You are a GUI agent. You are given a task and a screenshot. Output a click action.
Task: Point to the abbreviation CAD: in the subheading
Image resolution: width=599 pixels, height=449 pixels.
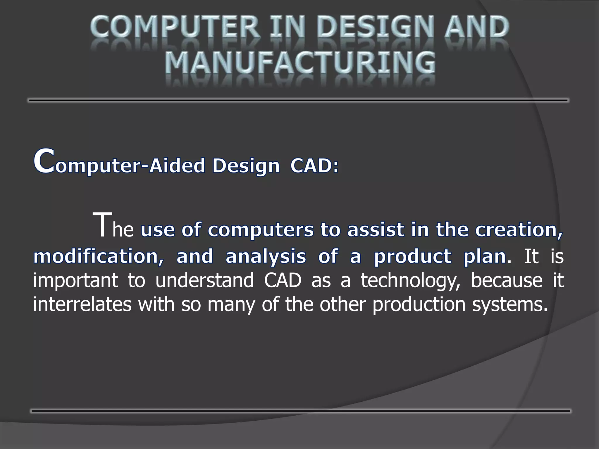pos(314,166)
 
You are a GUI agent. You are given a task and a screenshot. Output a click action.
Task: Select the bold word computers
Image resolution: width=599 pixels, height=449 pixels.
pos(260,230)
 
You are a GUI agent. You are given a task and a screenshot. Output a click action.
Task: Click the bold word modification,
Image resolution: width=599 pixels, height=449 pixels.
pos(98,256)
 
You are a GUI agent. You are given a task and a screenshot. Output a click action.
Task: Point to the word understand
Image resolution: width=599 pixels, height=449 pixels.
pos(204,280)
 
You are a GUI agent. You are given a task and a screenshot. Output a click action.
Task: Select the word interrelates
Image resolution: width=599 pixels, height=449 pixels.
pos(82,304)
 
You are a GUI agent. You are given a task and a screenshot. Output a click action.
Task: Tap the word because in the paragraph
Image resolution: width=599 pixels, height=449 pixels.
pos(506,280)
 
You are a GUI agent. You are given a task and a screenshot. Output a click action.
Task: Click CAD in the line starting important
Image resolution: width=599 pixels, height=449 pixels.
pos(282,280)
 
